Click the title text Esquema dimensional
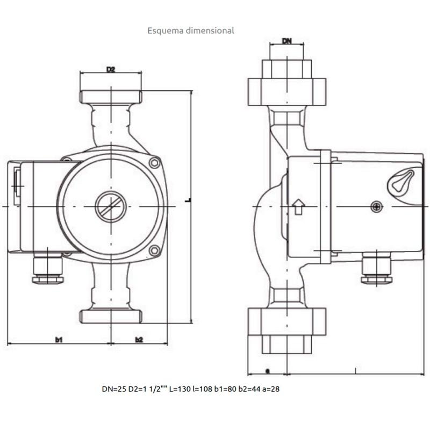pos(191,31)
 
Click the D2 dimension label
pos(111,69)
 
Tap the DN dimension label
pos(288,41)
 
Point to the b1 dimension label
pos(59,339)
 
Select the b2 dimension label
pos(139,339)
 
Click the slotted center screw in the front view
pos(111,206)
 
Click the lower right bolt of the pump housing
pos(155,250)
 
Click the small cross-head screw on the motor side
pos(377,206)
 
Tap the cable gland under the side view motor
pos(376,269)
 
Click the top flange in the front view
pos(111,97)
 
